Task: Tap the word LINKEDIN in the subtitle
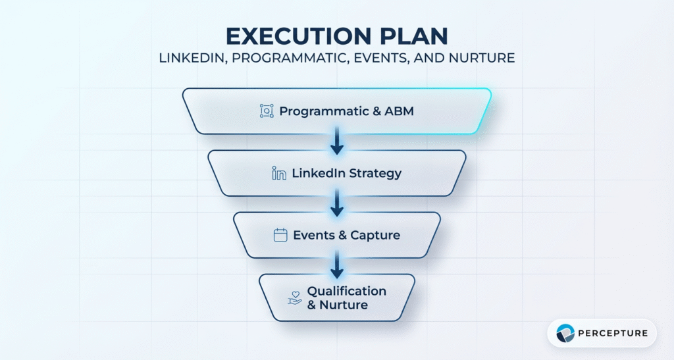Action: [190, 58]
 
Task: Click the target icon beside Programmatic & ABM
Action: [267, 111]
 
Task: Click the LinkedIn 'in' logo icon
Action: [279, 174]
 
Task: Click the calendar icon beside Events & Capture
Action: [280, 235]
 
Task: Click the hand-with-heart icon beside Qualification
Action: [295, 298]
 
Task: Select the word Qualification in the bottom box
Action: [347, 291]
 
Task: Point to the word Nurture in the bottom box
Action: [344, 305]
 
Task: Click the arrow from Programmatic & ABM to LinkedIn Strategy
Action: [337, 142]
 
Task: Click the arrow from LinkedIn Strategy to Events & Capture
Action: [337, 204]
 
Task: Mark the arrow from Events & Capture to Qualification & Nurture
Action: [337, 265]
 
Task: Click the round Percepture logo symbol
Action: [565, 334]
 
